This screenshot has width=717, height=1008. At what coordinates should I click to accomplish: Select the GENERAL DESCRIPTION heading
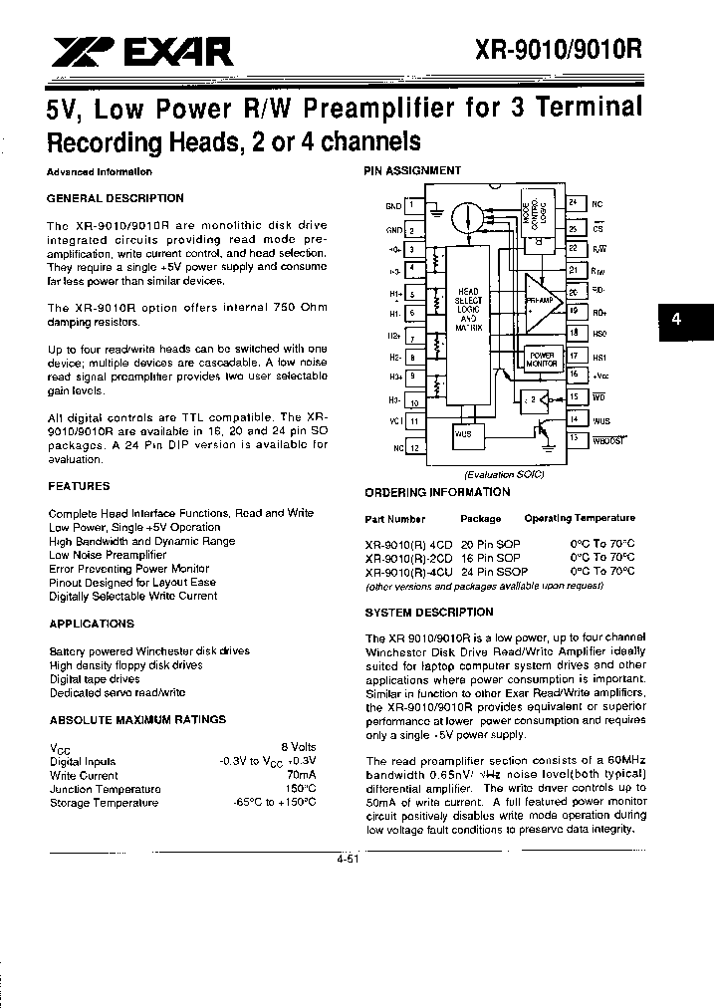coord(116,198)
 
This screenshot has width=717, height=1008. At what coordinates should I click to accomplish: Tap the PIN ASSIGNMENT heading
coord(412,170)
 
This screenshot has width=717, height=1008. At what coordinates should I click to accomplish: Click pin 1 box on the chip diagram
coord(412,205)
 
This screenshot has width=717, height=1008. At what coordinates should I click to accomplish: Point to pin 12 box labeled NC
coord(412,448)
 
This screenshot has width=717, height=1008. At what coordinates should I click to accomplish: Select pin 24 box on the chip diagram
coord(573,202)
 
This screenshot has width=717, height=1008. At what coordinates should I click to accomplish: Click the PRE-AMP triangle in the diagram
coord(542,298)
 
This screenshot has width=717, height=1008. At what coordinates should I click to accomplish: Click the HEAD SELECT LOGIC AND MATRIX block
coord(468,310)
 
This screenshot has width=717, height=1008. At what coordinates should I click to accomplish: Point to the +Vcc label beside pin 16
coord(600,376)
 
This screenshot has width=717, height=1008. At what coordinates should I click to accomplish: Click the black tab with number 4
coord(676,320)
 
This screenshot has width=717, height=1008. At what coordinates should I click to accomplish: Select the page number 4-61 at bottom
coord(348,859)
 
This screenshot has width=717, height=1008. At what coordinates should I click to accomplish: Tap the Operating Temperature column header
coord(580,519)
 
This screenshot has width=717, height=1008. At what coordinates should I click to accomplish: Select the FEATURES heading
coord(79,486)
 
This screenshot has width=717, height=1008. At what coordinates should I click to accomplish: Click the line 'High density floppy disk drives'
coord(125,665)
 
